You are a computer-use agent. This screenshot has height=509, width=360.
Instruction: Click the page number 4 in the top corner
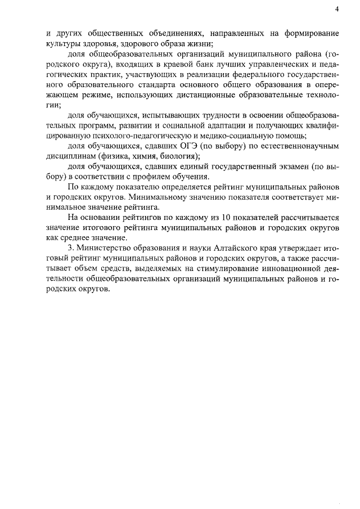(x=336, y=8)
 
